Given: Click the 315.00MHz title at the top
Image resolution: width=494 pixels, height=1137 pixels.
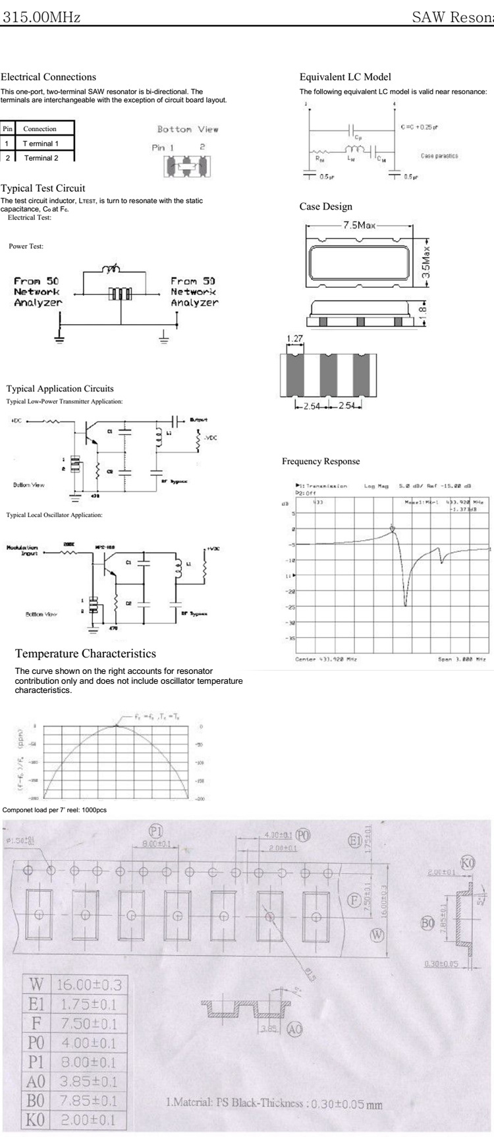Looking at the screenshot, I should click(x=41, y=18).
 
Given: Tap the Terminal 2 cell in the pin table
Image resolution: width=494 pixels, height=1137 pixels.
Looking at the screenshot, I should click(x=41, y=158).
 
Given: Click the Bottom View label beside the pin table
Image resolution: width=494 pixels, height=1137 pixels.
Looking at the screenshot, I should click(x=188, y=130).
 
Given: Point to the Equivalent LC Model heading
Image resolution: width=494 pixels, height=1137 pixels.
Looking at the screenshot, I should click(x=345, y=77).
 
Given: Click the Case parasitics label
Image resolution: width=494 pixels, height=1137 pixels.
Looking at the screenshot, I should click(x=439, y=156).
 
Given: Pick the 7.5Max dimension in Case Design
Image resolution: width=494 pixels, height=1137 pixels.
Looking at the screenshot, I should click(x=359, y=225).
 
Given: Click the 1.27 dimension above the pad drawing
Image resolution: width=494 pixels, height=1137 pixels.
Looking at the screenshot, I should click(x=294, y=339).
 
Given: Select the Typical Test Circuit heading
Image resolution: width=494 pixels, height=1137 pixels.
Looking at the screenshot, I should click(x=43, y=188).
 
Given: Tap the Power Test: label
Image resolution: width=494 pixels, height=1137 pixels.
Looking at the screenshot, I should click(x=26, y=246).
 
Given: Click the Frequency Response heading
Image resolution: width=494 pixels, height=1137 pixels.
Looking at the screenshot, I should click(x=321, y=461).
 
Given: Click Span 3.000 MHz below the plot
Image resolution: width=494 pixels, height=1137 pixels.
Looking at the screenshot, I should click(x=462, y=659).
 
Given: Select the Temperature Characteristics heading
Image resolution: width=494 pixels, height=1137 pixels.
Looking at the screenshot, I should click(x=86, y=653).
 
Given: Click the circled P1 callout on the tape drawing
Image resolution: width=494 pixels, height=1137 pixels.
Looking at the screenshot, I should click(x=157, y=830).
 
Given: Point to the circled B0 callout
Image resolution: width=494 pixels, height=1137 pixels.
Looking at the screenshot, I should click(x=427, y=924).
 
